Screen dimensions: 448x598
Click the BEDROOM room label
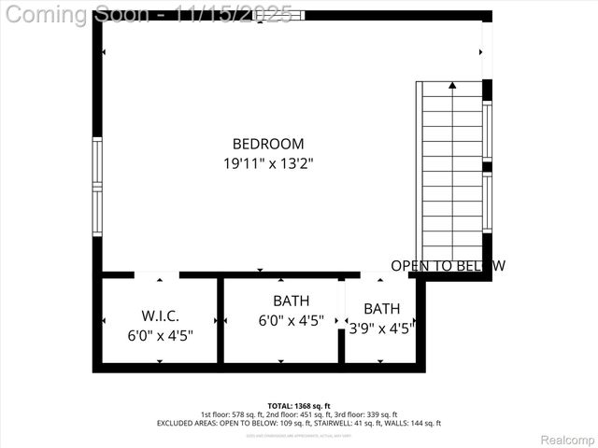click(x=268, y=144)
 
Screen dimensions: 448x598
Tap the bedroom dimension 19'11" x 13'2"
click(x=268, y=163)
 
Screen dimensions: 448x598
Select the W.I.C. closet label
click(x=160, y=316)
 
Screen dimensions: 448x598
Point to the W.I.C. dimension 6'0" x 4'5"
click(x=160, y=335)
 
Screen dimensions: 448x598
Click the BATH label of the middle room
click(x=291, y=301)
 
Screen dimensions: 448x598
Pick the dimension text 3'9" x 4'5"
click(x=381, y=328)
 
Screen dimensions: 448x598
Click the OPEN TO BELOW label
click(x=448, y=266)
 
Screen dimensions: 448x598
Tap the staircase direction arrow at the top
click(x=452, y=86)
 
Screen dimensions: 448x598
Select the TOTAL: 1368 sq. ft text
click(x=298, y=406)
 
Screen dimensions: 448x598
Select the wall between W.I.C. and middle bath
click(x=221, y=322)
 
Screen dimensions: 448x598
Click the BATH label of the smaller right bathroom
click(x=381, y=309)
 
